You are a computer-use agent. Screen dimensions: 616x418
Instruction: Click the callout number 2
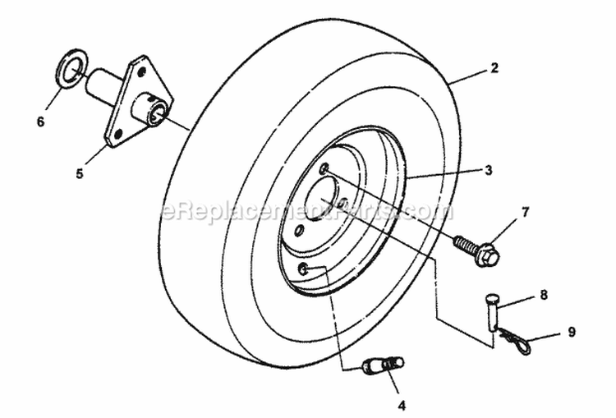[x=494, y=68]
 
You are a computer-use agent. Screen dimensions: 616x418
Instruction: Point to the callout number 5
[x=80, y=173]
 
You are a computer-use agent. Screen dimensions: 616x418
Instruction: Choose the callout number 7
[x=525, y=212]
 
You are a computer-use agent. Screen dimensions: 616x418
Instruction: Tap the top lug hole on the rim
[x=326, y=169]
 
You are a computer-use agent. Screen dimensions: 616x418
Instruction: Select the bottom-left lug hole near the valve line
[x=303, y=269]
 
